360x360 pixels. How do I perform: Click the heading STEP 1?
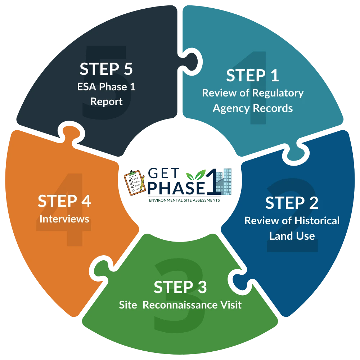[252, 76]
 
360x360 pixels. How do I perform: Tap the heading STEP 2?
[292, 203]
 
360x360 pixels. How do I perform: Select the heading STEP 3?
[180, 287]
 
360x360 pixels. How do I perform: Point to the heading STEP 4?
[64, 201]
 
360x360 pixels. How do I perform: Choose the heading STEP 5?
[106, 69]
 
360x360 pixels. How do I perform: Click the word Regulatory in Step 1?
[278, 93]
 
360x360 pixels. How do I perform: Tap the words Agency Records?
[252, 108]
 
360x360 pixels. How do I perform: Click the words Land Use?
[292, 236]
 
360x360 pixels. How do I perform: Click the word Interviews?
[64, 219]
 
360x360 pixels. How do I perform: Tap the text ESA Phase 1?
[106, 87]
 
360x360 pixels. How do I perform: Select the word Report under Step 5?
[106, 102]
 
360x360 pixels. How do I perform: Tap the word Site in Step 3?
[128, 305]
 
